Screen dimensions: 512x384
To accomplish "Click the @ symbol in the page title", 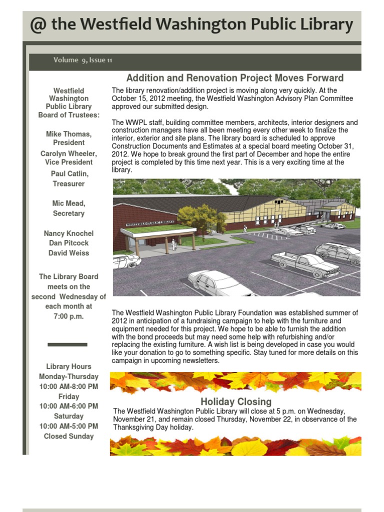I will coord(38,25).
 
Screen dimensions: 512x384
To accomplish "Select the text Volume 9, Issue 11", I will coord(83,60).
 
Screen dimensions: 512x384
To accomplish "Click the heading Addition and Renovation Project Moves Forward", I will coord(235,78).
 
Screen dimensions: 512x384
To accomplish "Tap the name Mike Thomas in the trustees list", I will coord(68,134).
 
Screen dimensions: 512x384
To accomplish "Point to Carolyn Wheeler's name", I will coord(68,153).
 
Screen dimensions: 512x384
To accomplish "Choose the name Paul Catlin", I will coord(68,173).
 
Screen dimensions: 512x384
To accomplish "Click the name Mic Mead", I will coord(68,203).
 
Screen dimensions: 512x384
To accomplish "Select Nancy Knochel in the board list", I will coord(68,233).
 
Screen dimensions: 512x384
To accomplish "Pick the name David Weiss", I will coord(68,253).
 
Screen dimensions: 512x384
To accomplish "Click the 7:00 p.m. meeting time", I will coord(68,316).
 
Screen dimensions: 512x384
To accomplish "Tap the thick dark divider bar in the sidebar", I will coord(67,344).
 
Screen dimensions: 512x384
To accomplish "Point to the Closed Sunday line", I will coord(68,436).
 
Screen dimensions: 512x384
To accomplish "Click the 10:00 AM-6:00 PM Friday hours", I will coord(68,406).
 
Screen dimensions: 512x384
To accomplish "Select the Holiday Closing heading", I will coord(236,401).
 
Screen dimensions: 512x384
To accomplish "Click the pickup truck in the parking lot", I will coord(298,264).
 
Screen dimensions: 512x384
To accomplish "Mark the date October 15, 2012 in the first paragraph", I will coord(139,98).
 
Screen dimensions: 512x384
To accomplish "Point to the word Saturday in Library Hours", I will coord(68,416).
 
